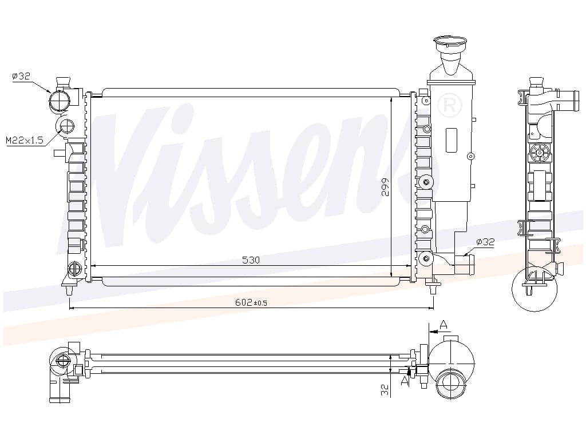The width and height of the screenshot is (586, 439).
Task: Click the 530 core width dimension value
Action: pyautogui.click(x=251, y=260)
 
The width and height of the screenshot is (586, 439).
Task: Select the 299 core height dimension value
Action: pyautogui.click(x=385, y=187)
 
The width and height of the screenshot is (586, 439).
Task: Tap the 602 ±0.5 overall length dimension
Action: pyautogui.click(x=251, y=302)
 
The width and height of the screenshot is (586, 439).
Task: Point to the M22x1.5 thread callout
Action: pyautogui.click(x=25, y=141)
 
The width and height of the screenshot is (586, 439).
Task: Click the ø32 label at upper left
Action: pyautogui.click(x=21, y=76)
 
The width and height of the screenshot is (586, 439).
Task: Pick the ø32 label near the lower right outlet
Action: pyautogui.click(x=485, y=242)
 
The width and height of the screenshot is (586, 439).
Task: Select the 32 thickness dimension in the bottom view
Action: pyautogui.click(x=385, y=390)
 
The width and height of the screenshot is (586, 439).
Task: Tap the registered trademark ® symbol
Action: pyautogui.click(x=450, y=106)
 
